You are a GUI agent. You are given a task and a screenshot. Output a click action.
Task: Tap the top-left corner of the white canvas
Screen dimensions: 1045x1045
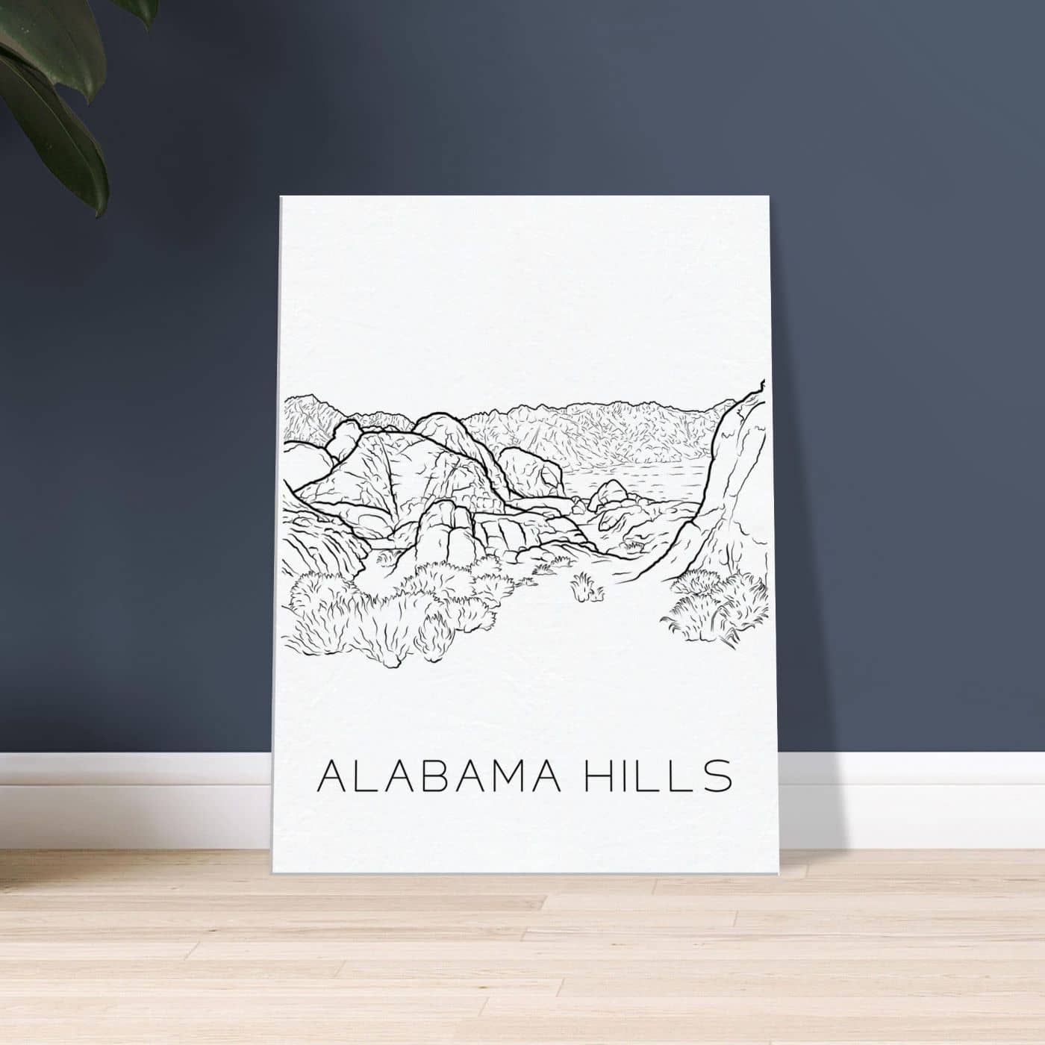(x=281, y=196)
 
